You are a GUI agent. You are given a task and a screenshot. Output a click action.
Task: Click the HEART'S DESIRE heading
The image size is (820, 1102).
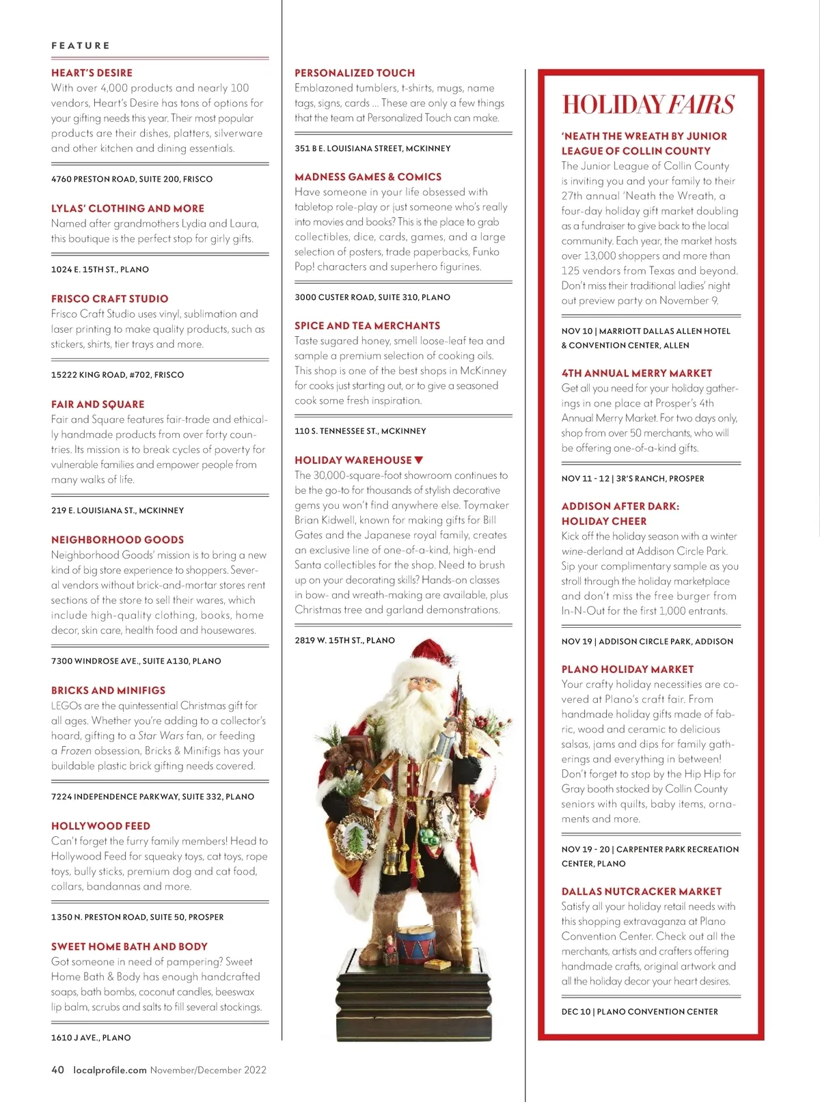pos(92,72)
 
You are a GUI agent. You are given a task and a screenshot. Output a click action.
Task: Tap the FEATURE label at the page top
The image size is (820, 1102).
pos(81,46)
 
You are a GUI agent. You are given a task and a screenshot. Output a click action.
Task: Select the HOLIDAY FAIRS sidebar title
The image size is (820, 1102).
pos(648,105)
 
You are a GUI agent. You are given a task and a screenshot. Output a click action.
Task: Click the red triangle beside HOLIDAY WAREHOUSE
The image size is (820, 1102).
pos(419,460)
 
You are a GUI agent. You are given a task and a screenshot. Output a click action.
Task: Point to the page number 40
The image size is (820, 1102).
pos(58,1070)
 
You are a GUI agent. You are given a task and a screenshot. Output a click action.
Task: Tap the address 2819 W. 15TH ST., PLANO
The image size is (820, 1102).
pos(344,640)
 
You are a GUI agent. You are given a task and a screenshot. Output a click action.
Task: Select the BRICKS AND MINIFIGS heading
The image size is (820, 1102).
pos(108,690)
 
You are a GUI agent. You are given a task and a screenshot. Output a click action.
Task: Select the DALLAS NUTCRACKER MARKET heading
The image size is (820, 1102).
pos(641,891)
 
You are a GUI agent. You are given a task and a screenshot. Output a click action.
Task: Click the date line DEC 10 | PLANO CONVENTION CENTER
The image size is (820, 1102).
pos(640,1011)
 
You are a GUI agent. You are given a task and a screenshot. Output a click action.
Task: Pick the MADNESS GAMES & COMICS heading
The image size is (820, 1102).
pos(368,176)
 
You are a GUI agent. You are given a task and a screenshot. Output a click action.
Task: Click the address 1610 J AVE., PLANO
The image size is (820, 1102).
pos(91,1037)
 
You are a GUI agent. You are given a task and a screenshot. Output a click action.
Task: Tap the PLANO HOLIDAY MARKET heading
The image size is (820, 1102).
pos(627,669)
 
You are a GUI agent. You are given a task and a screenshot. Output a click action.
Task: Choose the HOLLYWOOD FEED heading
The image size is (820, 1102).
pos(100,825)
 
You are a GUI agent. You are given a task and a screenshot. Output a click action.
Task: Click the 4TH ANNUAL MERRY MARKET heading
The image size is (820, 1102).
pos(636,373)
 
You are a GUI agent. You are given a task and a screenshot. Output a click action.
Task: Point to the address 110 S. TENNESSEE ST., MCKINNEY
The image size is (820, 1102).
pos(360,430)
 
